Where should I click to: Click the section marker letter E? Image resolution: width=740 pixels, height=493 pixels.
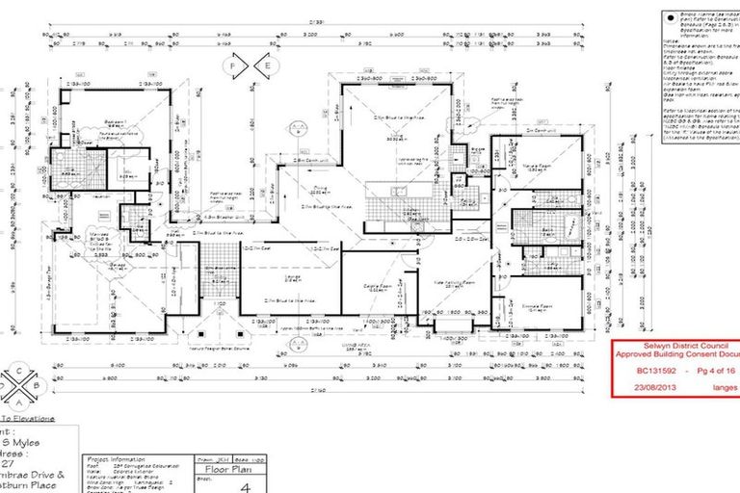click(268, 65)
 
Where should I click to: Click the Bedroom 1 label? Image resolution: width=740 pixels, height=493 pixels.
click(115, 123)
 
